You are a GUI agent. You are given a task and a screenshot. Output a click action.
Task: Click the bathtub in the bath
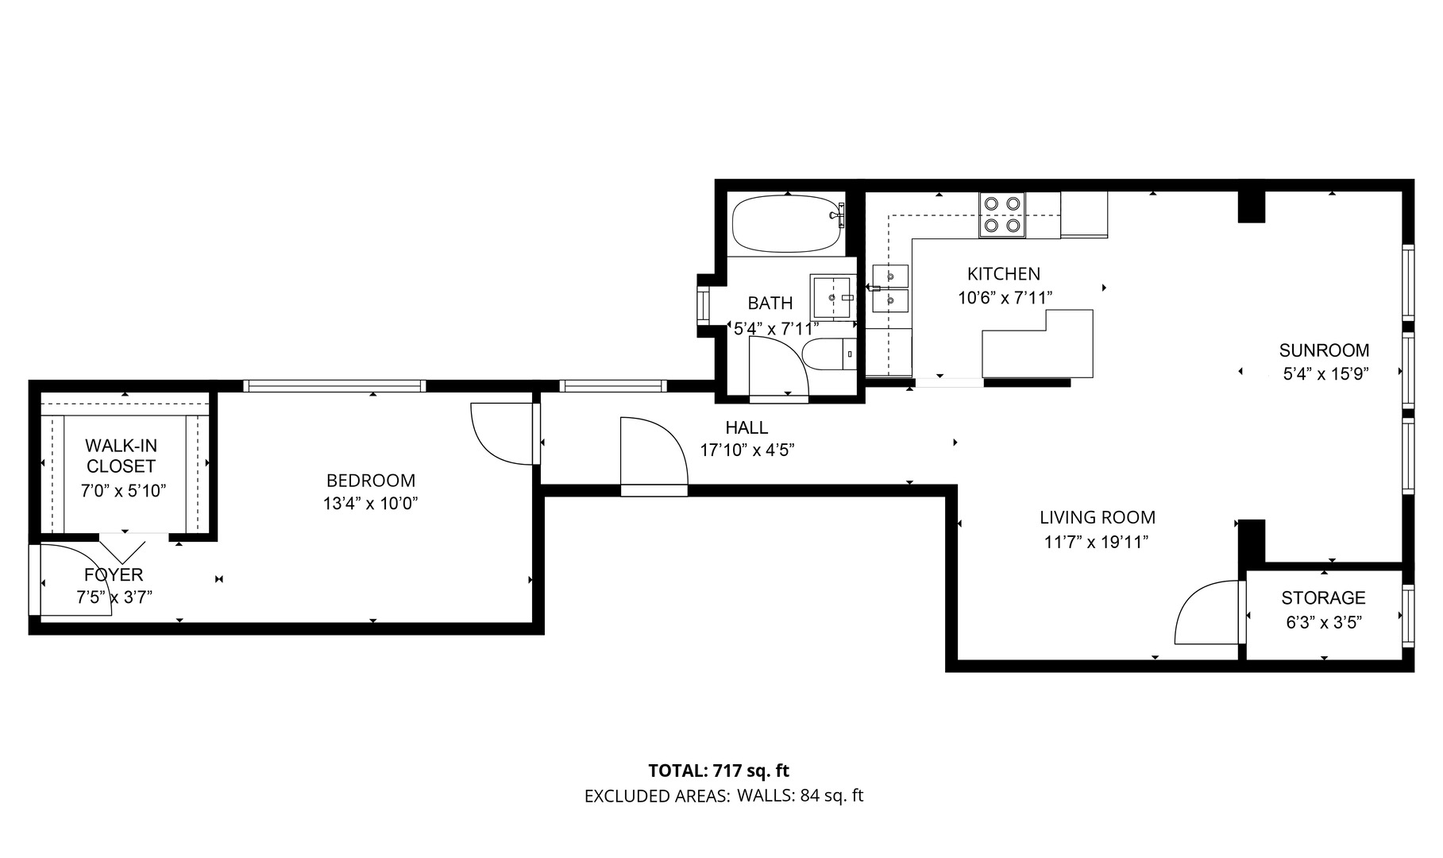point(787,224)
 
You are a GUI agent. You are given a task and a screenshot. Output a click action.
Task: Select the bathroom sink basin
point(831,297)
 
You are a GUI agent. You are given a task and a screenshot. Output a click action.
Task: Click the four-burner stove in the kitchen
point(1001,214)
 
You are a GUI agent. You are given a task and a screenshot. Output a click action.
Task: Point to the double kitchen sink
point(890,288)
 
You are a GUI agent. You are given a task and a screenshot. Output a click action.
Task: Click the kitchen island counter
point(1038,344)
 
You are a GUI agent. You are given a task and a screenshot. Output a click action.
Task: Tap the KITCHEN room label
point(1004,274)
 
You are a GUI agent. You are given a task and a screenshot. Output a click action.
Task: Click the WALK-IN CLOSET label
point(121,456)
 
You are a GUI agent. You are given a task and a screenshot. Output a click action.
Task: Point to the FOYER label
point(114,574)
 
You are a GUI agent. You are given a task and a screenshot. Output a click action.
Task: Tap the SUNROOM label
point(1324,350)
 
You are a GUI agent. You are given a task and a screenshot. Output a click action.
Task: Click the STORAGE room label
point(1323,597)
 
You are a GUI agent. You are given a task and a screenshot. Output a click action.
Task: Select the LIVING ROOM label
point(1098,518)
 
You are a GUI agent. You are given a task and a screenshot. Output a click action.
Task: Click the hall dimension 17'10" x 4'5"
point(747,450)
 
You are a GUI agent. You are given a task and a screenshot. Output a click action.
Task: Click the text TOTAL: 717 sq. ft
point(719,771)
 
